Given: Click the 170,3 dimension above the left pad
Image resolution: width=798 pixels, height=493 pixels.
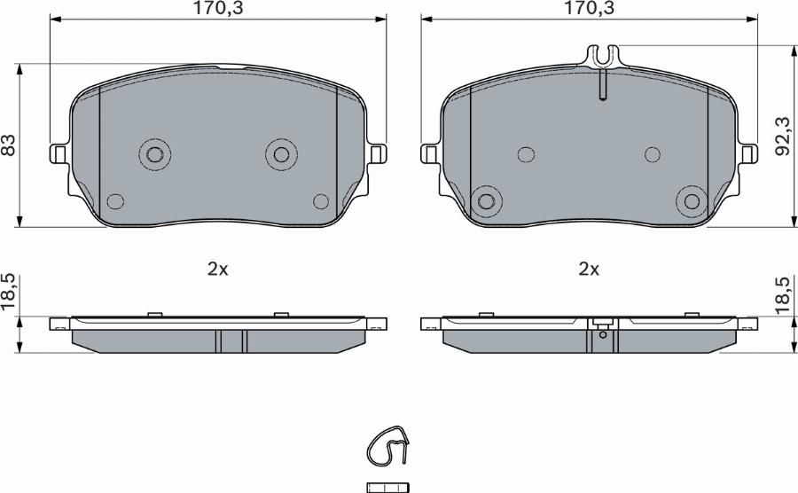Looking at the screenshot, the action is (217, 8).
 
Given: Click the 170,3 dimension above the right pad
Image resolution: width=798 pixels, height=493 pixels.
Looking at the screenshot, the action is (589, 8).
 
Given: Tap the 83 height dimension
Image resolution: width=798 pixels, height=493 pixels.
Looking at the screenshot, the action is (9, 145).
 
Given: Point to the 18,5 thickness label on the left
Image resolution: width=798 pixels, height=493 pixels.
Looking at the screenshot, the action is (9, 292).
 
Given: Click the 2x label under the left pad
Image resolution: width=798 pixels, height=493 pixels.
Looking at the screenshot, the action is (217, 270).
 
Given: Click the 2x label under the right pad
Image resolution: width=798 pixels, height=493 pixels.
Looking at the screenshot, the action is (589, 270).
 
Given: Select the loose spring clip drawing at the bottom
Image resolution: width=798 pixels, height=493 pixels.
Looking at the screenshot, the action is (387, 445).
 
